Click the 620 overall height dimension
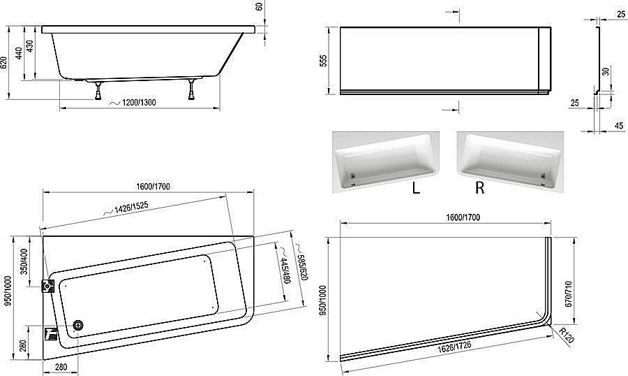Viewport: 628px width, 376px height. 4,63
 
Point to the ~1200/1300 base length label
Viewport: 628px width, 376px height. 133,103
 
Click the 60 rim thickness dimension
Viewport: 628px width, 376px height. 260,8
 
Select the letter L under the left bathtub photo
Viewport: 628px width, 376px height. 416,188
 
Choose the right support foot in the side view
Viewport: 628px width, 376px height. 190,89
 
